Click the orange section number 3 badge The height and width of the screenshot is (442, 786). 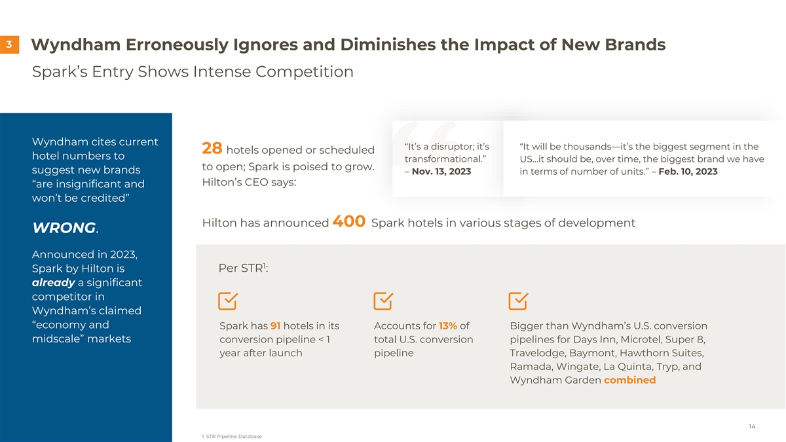(9, 45)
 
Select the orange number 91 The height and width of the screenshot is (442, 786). (276, 326)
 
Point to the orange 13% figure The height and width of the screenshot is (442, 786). (448, 326)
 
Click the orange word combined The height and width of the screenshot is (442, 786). (629, 380)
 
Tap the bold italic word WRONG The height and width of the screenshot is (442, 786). (64, 228)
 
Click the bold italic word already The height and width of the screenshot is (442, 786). (53, 283)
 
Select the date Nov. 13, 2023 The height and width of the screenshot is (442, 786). (441, 172)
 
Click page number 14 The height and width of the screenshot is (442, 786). (752, 427)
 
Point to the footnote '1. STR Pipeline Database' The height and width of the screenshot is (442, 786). (232, 436)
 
